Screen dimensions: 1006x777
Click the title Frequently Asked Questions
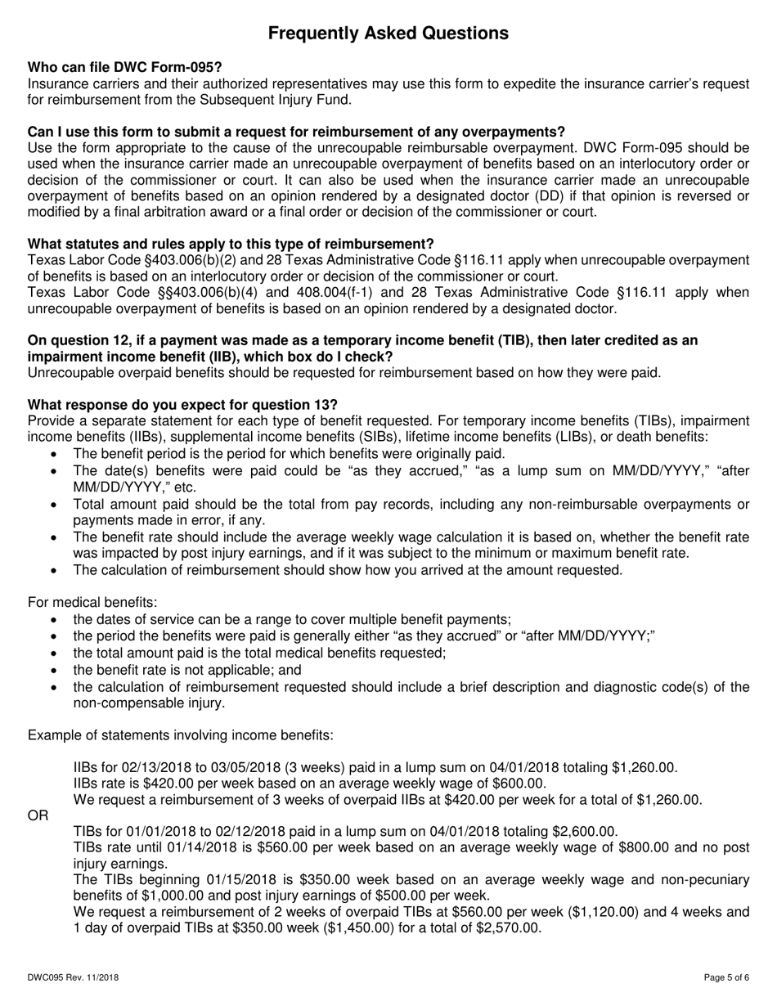click(x=388, y=33)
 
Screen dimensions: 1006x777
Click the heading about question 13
click(x=182, y=405)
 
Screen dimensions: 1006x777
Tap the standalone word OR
click(x=38, y=815)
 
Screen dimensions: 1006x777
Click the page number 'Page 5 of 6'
click(x=726, y=977)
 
